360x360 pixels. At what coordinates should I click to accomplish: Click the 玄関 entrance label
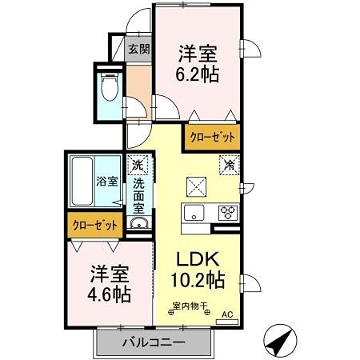(x=138, y=50)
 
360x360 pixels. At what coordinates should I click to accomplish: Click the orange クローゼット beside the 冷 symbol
(x=212, y=137)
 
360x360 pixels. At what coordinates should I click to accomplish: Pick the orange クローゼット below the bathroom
(x=95, y=226)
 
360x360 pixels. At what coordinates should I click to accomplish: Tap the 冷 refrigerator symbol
(x=227, y=166)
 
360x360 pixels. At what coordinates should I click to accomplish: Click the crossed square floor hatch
(x=196, y=186)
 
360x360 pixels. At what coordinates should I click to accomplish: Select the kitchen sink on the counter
(x=195, y=213)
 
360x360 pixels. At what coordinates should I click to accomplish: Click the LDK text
(x=198, y=260)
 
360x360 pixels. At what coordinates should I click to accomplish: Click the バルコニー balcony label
(x=154, y=342)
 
